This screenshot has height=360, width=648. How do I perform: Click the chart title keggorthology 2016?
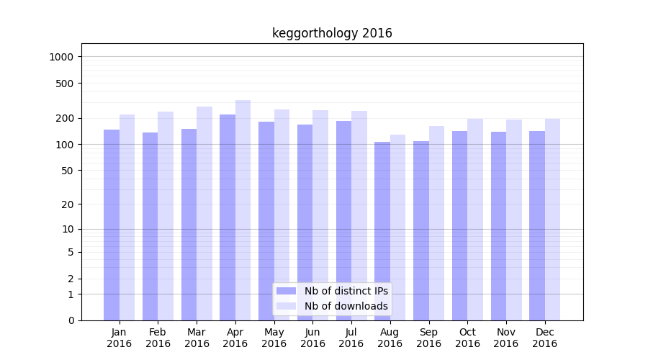tap(332, 33)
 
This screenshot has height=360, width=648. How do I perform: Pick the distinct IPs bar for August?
tap(382, 230)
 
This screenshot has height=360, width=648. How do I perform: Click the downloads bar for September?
tap(436, 223)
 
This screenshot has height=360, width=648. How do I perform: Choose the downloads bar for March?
tap(204, 213)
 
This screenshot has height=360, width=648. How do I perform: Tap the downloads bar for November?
tap(514, 220)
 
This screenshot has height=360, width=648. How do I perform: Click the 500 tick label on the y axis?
tap(66, 84)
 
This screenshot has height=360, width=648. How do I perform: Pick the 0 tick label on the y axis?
tap(71, 320)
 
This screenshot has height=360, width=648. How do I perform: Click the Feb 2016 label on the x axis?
tap(158, 338)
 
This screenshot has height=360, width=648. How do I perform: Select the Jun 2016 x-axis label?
tap(312, 338)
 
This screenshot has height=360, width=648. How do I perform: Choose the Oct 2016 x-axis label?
tap(467, 338)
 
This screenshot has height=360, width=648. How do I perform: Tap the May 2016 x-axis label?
tap(274, 338)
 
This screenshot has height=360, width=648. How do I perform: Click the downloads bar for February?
tap(166, 216)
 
